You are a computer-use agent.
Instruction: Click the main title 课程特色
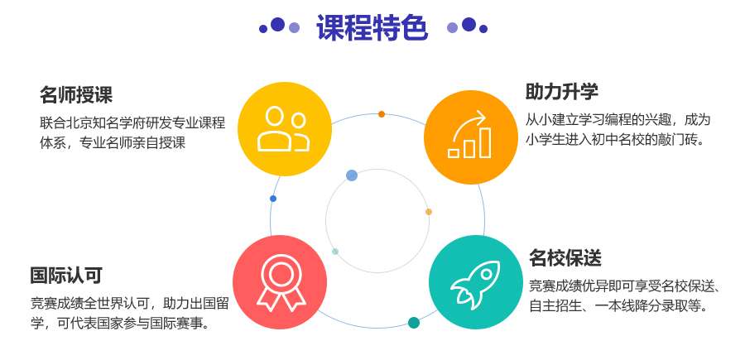coord(372,27)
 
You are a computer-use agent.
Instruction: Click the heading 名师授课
coord(76,95)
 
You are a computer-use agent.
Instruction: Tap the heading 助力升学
coord(561,92)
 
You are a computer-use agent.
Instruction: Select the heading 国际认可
coord(66,275)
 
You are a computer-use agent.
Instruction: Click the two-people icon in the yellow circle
coord(284,129)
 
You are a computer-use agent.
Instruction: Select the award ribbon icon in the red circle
coord(281,282)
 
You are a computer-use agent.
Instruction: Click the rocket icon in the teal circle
coord(475,282)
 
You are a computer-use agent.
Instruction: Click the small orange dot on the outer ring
coord(382,114)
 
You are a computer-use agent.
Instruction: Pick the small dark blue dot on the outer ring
coord(272,199)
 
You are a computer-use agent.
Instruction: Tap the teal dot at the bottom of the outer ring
coord(414,323)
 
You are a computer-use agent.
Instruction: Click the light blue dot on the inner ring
coord(352,175)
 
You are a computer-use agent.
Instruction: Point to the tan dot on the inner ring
coord(429,212)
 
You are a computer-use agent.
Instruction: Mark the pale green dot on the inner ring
coord(335,252)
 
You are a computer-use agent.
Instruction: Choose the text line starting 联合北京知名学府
coord(132,123)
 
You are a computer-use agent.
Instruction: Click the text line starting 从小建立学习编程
coord(618,119)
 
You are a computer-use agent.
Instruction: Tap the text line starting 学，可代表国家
coord(121,324)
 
